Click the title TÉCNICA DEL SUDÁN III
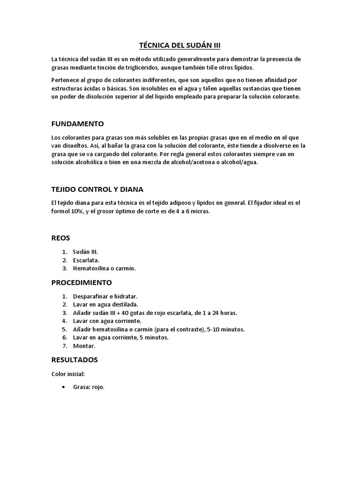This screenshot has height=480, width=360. coord(180,45)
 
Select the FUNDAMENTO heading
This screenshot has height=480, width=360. coord(77,124)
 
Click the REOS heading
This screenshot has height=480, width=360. coord(60,238)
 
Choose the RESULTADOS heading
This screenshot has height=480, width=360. coord(75,360)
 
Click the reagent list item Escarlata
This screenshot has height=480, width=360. coord(86,260)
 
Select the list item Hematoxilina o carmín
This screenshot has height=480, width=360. coord(104,269)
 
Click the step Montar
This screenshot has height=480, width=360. coord(84,346)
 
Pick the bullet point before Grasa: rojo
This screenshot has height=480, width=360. coord(63,388)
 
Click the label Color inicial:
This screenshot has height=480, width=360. coord(68,374)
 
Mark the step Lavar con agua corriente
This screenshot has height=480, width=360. coord(107,321)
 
